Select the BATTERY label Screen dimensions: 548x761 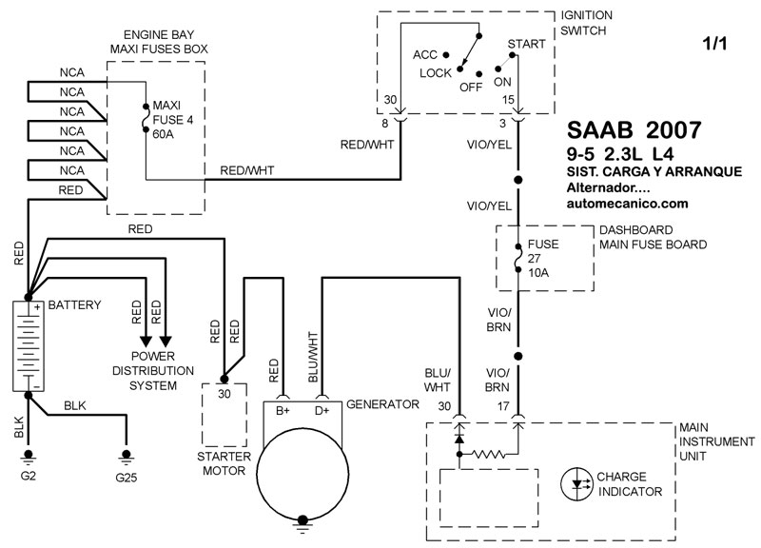point(74,306)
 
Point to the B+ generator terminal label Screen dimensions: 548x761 point(283,411)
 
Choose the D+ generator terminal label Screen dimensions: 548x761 point(323,411)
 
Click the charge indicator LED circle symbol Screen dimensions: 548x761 point(576,483)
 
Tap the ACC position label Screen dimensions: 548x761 point(424,55)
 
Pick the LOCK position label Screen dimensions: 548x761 point(435,72)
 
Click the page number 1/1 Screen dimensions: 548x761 point(712,45)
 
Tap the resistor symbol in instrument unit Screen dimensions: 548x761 point(487,455)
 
